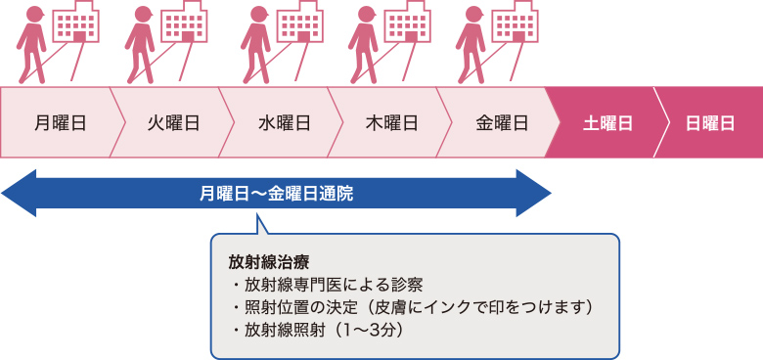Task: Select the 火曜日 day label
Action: click(173, 123)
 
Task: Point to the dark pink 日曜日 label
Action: click(710, 123)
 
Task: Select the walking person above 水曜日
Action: click(256, 44)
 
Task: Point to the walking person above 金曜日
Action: click(472, 44)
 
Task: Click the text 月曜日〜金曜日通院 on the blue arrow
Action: click(276, 194)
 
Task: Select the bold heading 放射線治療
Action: click(254, 263)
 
